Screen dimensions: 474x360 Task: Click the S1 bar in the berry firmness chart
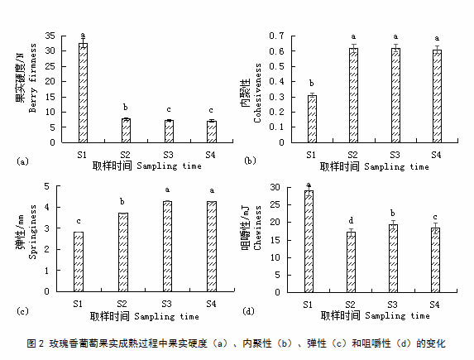[x=83, y=93]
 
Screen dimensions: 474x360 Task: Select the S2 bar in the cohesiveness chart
[x=353, y=95]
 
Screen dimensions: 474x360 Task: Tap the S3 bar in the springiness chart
[x=167, y=247]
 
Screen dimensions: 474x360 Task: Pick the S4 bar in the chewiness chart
[x=435, y=260]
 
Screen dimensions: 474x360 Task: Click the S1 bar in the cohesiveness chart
[x=312, y=119]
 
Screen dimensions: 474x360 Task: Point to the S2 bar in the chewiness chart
[x=351, y=262]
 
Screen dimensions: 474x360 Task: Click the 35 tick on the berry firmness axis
[x=50, y=36]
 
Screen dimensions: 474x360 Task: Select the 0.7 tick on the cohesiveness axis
[x=277, y=36]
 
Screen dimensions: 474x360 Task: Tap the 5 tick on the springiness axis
[x=46, y=186]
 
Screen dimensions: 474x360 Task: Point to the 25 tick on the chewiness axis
[x=275, y=204]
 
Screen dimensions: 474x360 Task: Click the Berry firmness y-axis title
[x=32, y=78]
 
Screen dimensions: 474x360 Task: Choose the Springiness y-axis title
[x=32, y=232]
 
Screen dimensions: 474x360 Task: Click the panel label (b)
[x=250, y=161]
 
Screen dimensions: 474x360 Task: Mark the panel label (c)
[x=22, y=311]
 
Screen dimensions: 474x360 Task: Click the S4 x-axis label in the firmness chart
[x=210, y=155]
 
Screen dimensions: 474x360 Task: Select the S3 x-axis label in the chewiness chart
[x=392, y=305]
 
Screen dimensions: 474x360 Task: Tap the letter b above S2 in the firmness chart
[x=126, y=107]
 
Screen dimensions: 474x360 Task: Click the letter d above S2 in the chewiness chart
[x=351, y=220]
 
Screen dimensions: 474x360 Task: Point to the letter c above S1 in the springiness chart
[x=79, y=222]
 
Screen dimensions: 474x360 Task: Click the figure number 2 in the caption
[x=41, y=343]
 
